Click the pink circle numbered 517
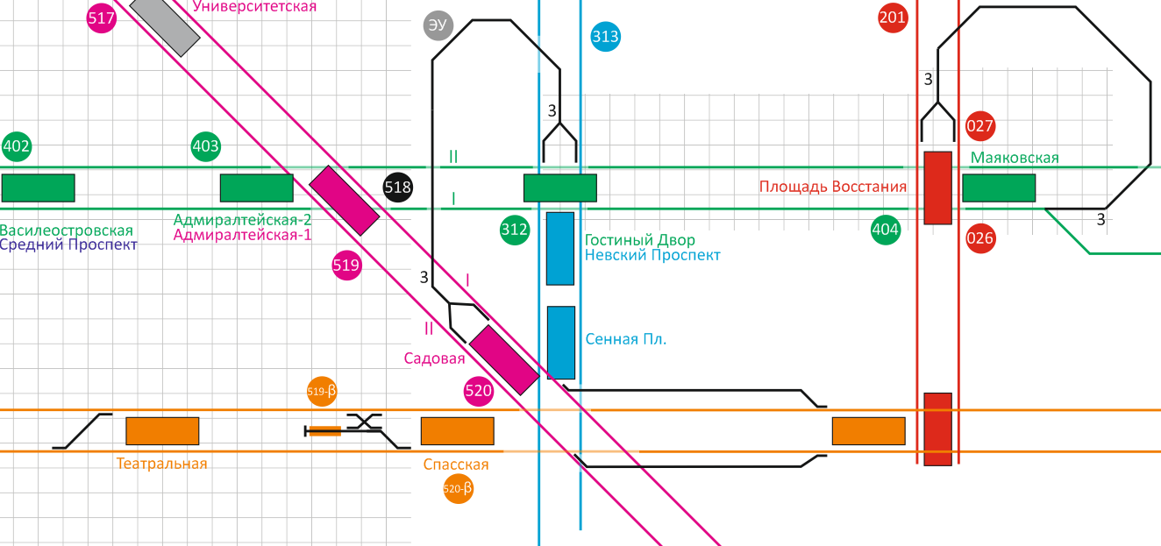coord(102,18)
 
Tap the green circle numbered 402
coord(17,146)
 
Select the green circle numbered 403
coord(205,146)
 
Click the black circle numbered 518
coord(398,187)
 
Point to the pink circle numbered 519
coord(346,266)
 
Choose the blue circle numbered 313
coord(605,37)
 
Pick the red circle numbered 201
coord(893,18)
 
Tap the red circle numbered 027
coord(979,126)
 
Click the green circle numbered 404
coord(886,230)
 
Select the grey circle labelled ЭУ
coord(438,25)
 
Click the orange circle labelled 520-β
coord(459,489)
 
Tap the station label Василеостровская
coord(67,230)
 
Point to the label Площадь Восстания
coord(833,187)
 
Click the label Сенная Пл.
coord(626,339)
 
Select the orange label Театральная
coord(162,464)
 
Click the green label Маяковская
coord(1015,158)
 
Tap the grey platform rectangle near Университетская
coord(164,26)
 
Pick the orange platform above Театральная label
coord(162,430)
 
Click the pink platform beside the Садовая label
coord(503,358)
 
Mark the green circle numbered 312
coord(515,230)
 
